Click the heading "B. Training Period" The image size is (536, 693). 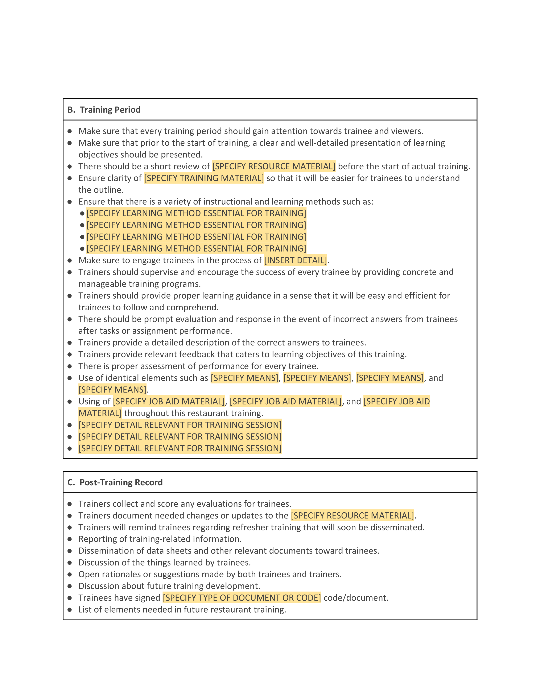(104, 110)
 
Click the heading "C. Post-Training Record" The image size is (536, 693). (115, 482)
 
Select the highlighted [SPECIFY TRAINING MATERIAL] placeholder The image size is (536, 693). (204, 178)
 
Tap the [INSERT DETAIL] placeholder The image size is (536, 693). (295, 261)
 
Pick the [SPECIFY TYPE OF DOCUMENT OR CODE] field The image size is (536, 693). (242, 598)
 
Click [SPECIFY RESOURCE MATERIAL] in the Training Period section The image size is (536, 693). (274, 167)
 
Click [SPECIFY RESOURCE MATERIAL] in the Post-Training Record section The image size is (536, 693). (352, 516)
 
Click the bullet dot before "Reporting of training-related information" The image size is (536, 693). (70, 539)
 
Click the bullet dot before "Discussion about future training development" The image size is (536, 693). (70, 586)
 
